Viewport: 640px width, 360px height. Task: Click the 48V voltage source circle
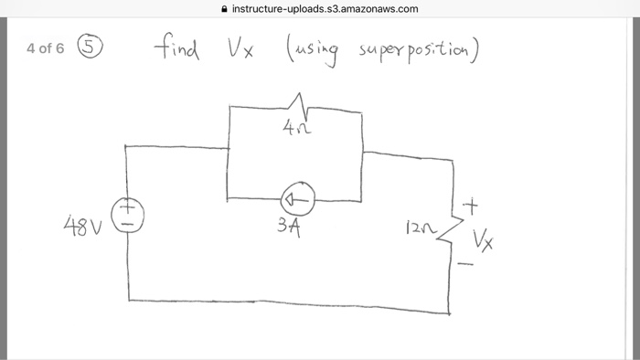[127, 217]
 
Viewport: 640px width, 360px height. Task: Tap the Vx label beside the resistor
[484, 240]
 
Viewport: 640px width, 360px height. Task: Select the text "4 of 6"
[46, 48]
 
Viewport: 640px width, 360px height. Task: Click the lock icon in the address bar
[225, 9]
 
